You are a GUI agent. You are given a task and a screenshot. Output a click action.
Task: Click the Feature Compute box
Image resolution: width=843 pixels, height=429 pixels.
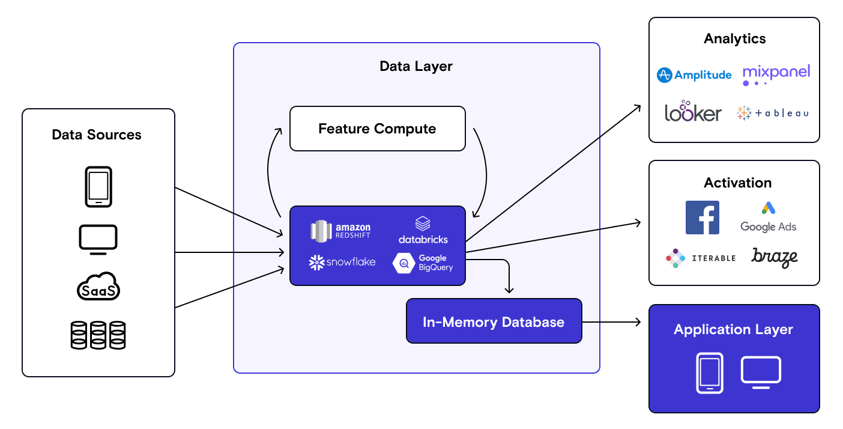pos(377,129)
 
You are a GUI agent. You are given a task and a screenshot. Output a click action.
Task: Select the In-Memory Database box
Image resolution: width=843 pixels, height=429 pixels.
pos(494,321)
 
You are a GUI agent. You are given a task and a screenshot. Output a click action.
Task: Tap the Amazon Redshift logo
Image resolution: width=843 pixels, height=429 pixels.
pos(340,230)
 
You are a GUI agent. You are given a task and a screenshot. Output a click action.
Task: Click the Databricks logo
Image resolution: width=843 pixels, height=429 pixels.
pos(423,230)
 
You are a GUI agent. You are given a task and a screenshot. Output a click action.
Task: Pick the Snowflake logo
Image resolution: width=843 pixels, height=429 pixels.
pos(342,262)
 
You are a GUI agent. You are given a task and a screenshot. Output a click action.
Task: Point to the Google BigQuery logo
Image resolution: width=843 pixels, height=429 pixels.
pos(423,263)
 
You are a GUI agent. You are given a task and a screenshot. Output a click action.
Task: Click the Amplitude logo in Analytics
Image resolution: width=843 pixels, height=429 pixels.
pos(694,75)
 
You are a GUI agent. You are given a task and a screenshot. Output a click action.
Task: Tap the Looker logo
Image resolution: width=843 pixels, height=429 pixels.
pos(693,112)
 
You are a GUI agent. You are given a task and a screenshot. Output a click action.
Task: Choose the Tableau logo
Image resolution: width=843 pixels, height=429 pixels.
pos(773,112)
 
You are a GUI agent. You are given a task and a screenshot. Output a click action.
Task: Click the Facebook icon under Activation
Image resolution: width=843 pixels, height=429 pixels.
pos(702,218)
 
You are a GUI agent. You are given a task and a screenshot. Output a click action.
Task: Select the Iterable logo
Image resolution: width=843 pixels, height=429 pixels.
pos(701,258)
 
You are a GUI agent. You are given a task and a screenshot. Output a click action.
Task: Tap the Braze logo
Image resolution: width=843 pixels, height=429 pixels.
pos(775,257)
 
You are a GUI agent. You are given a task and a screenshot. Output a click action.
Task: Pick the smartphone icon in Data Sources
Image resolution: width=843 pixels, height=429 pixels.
pos(98,187)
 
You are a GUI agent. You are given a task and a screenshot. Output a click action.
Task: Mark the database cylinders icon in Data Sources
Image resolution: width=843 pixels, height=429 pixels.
pos(98,335)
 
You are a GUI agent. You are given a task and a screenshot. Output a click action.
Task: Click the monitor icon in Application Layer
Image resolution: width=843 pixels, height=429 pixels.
pos(761,373)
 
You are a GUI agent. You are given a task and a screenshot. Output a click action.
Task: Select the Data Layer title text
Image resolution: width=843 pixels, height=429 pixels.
pos(416,66)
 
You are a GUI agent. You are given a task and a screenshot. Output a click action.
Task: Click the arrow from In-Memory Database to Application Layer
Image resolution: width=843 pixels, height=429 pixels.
pos(611,323)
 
